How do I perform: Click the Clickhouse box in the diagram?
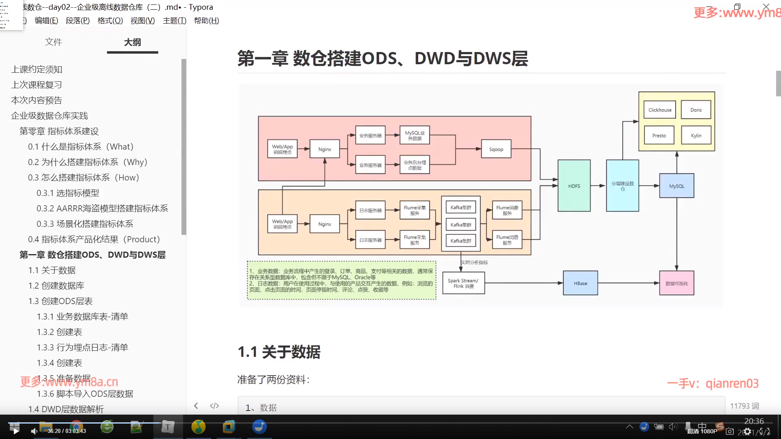[x=659, y=110]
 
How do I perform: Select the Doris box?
[x=696, y=110]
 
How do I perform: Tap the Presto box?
[x=659, y=135]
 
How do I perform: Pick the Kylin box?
[x=696, y=135]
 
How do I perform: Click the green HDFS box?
[x=574, y=186]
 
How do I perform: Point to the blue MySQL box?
[x=676, y=186]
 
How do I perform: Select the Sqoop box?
[x=496, y=149]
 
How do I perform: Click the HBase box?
[x=580, y=283]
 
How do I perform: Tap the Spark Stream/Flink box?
[x=463, y=283]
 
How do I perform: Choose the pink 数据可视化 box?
[x=676, y=283]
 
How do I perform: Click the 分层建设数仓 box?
[x=622, y=186]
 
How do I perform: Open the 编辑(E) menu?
[x=46, y=20]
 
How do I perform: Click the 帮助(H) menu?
[x=206, y=20]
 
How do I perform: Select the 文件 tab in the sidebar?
[x=53, y=42]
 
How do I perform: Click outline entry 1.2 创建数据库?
[x=56, y=286]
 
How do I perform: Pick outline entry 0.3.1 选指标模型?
[x=68, y=193]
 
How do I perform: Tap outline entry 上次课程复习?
[x=37, y=85]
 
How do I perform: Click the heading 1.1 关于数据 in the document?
[x=279, y=352]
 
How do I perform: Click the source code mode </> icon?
[x=214, y=406]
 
